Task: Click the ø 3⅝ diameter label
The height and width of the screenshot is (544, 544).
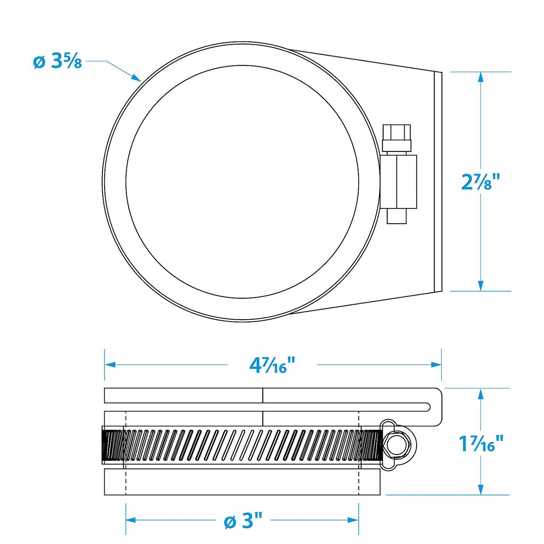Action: click(57, 61)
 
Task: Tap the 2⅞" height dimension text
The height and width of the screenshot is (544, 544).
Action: click(481, 182)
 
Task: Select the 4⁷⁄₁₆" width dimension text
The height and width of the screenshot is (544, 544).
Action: click(272, 365)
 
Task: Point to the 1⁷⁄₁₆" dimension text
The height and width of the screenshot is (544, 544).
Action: click(481, 444)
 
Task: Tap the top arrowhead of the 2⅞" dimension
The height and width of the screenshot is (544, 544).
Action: click(481, 76)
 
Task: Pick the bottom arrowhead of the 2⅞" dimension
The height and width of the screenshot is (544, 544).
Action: click(481, 286)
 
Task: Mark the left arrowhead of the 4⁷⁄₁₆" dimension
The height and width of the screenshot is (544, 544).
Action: click(110, 365)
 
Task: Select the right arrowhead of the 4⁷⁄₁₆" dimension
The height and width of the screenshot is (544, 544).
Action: click(437, 365)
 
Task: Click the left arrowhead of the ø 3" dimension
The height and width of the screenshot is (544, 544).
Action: click(131, 520)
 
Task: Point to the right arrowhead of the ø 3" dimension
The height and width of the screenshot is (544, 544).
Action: click(354, 520)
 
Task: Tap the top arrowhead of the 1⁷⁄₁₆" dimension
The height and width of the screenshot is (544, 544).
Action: click(481, 393)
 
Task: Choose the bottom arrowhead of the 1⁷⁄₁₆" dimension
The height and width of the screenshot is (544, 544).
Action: click(481, 490)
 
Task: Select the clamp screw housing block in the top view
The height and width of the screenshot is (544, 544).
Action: click(398, 182)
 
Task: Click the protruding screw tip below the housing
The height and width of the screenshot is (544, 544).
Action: click(396, 216)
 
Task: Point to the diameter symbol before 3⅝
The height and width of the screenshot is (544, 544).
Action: click(39, 62)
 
